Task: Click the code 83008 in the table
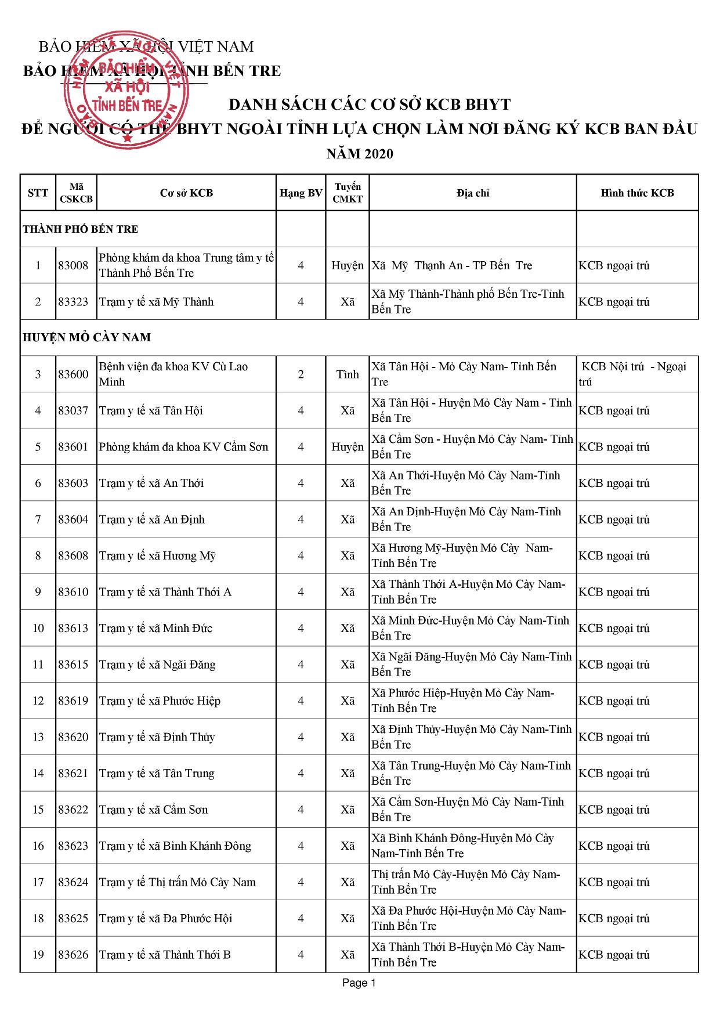(x=73, y=266)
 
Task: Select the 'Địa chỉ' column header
(x=473, y=193)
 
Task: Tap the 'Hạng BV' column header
(x=301, y=193)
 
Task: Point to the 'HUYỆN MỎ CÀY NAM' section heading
(x=87, y=337)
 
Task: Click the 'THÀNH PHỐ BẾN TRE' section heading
(x=81, y=229)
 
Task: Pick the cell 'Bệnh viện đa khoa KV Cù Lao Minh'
(x=173, y=374)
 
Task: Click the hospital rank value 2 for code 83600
(x=301, y=374)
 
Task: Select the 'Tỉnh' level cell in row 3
(x=348, y=374)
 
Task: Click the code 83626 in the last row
(x=73, y=955)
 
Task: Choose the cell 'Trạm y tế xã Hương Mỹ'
(x=157, y=556)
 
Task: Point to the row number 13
(x=38, y=737)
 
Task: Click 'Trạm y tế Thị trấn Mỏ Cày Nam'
(x=178, y=882)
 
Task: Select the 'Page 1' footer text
(x=359, y=983)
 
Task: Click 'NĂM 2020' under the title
(x=360, y=154)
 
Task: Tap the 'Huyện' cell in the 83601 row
(x=348, y=447)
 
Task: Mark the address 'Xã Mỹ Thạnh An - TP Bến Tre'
(x=452, y=266)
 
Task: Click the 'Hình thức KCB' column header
(x=637, y=193)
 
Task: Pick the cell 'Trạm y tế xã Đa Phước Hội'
(x=166, y=919)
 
